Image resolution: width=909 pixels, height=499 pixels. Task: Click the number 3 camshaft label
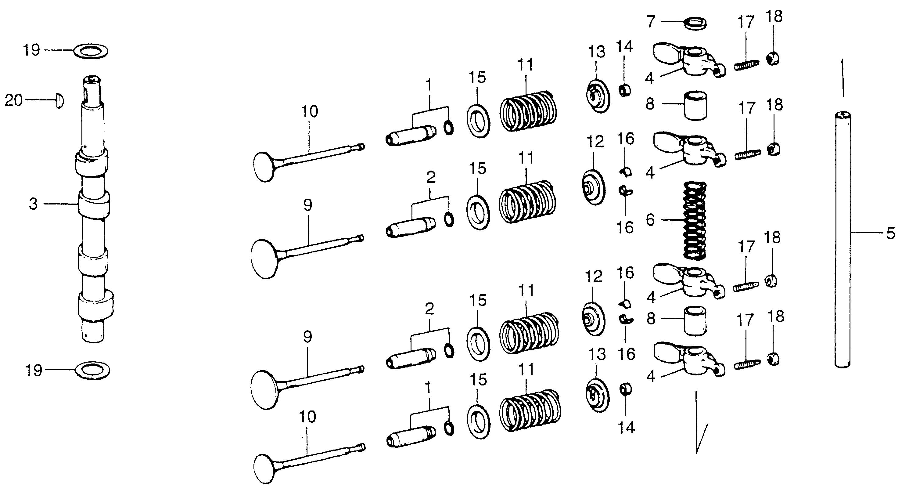click(x=33, y=204)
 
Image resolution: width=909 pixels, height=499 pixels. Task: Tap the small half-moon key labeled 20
click(x=59, y=101)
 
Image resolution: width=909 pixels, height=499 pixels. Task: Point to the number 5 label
click(x=890, y=233)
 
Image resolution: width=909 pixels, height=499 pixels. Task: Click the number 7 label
click(x=650, y=22)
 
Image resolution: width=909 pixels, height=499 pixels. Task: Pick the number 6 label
click(x=650, y=220)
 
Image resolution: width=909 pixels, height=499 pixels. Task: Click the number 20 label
click(x=13, y=101)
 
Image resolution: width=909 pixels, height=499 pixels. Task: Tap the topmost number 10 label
click(x=310, y=111)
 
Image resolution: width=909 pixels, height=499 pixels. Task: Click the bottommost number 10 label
click(x=307, y=417)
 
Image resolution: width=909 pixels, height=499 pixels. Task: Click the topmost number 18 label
click(x=774, y=16)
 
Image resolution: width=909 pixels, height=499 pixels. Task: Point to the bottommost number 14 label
click(x=626, y=428)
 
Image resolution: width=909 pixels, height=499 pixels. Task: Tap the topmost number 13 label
click(x=596, y=52)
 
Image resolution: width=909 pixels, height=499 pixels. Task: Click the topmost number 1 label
click(x=429, y=85)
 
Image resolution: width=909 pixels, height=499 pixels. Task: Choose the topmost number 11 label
click(x=526, y=65)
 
